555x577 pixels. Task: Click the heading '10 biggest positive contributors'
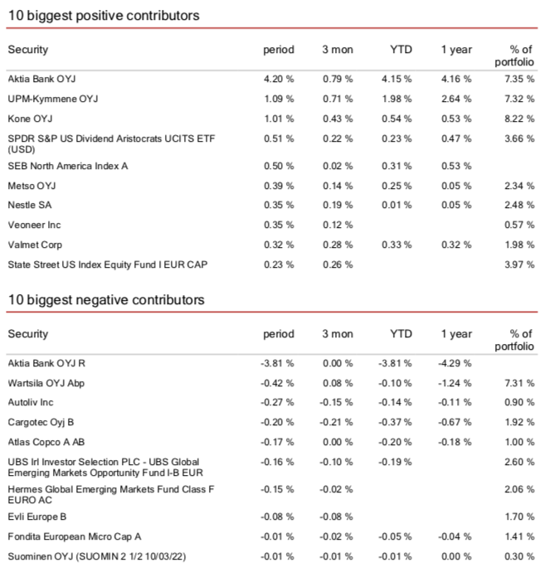104,16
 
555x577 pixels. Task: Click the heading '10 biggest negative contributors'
106,300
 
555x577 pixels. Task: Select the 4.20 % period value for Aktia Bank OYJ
278,79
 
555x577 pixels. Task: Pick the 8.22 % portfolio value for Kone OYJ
519,119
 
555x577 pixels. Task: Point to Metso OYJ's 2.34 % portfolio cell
519,185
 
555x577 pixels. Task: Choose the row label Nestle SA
32,205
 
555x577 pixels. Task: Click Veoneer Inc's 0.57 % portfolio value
519,225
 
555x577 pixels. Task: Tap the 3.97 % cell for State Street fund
519,264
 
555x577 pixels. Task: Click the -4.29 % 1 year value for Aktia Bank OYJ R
456,363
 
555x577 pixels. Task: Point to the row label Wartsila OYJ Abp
46,384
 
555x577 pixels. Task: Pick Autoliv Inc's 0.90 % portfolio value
519,404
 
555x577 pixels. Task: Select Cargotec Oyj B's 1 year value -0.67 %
456,423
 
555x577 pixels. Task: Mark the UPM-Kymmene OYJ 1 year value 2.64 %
456,99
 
